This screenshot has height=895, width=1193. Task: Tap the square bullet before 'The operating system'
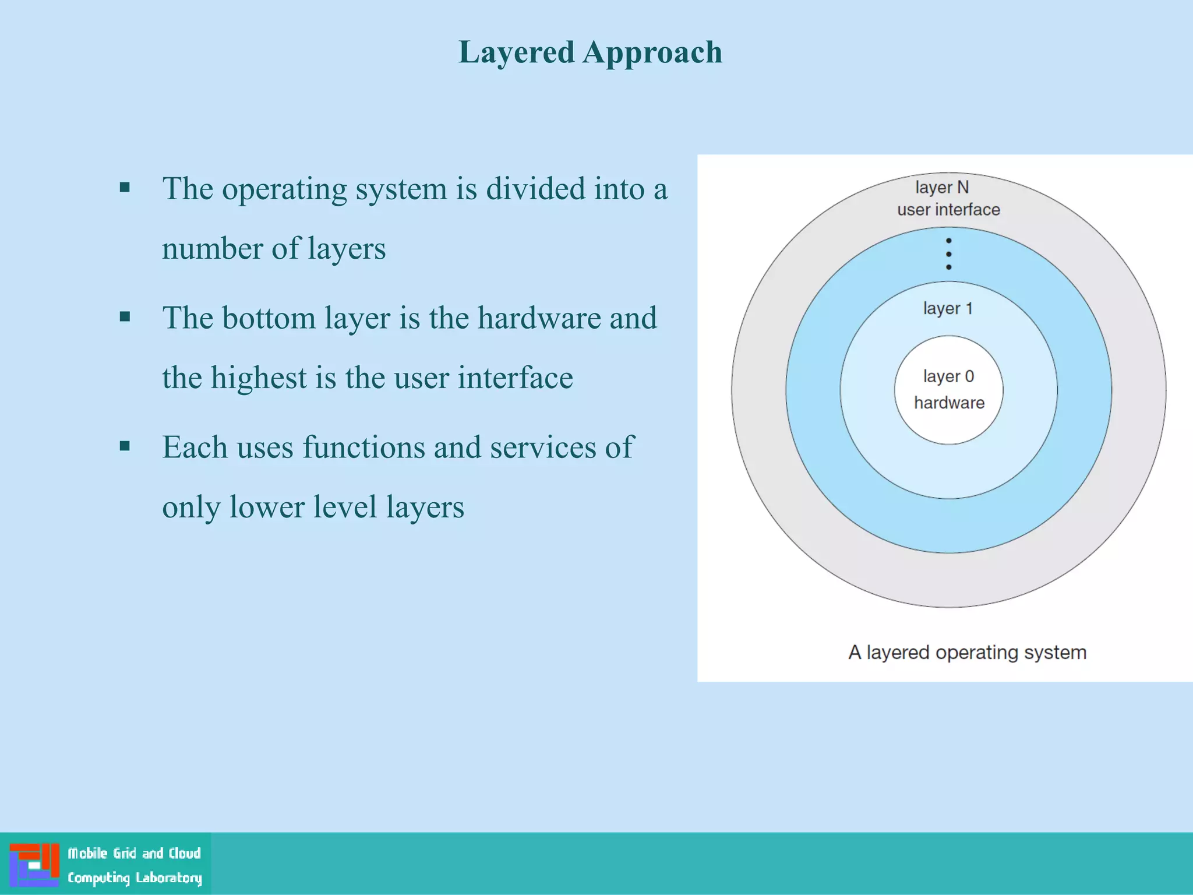[125, 188]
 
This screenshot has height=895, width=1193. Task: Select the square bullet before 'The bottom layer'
[125, 317]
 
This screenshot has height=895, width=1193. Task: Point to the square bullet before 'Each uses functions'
[125, 446]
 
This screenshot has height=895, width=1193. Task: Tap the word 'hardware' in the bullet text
[539, 319]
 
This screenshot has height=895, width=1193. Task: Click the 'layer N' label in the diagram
[942, 188]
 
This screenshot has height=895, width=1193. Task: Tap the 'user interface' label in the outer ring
[948, 210]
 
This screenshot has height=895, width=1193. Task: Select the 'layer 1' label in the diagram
[948, 308]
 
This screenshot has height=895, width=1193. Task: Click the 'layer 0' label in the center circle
[948, 376]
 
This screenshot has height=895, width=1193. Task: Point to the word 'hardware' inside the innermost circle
[949, 403]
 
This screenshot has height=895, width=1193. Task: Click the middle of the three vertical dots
[949, 254]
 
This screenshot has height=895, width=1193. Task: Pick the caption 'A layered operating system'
[968, 653]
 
